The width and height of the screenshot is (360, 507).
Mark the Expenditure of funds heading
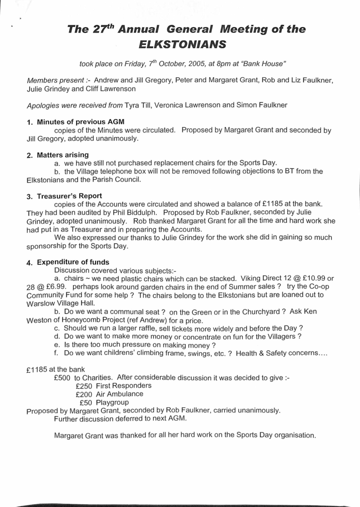click(73, 262)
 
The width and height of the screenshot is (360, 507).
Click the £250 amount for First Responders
click(84, 385)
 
